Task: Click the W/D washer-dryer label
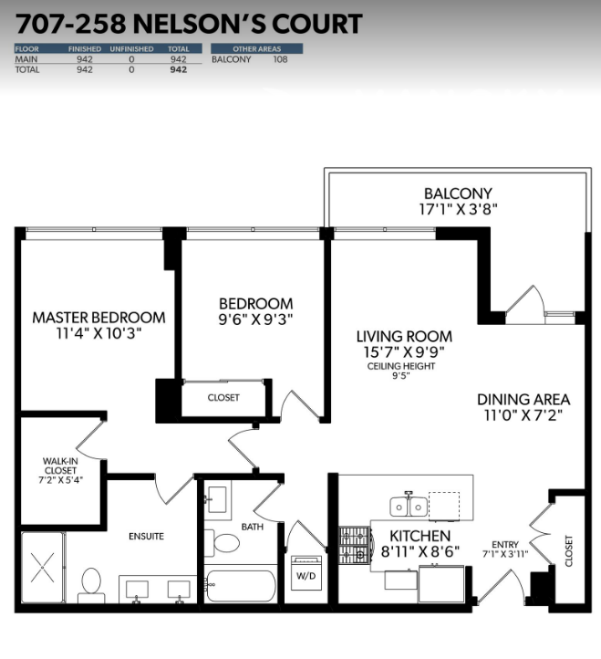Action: click(x=306, y=575)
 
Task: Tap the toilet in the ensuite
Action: click(x=91, y=585)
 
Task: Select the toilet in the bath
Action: click(x=222, y=543)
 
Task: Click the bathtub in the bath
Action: click(x=241, y=586)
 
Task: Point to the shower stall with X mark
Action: click(x=43, y=568)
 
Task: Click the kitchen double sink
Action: click(x=409, y=507)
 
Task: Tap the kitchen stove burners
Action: click(x=355, y=545)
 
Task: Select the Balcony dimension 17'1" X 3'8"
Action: click(x=458, y=209)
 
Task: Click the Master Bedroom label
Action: click(x=99, y=318)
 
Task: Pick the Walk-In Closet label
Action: click(x=60, y=465)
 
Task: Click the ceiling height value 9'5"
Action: click(x=400, y=375)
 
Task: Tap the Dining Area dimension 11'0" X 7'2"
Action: click(x=523, y=415)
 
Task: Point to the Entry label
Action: click(x=505, y=544)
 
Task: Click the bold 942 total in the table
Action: click(x=179, y=69)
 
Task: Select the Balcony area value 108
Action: click(x=280, y=59)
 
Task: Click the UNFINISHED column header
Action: click(x=131, y=48)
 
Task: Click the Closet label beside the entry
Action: click(x=569, y=550)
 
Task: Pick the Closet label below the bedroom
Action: click(x=223, y=398)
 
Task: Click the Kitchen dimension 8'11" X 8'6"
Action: click(x=420, y=551)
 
